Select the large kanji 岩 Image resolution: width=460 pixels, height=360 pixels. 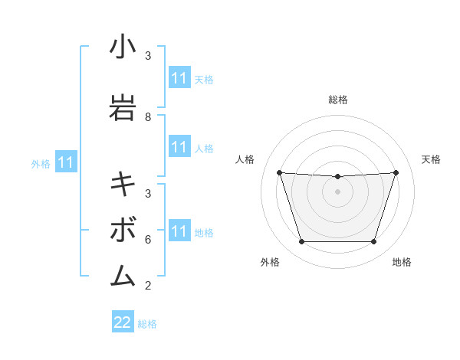(123, 107)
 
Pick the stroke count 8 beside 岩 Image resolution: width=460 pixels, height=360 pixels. (148, 117)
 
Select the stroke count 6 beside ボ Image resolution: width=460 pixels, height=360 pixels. (148, 239)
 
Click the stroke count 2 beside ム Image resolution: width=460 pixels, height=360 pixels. (148, 286)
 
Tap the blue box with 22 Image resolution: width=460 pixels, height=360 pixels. (123, 322)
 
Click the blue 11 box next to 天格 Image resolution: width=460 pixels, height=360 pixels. (179, 78)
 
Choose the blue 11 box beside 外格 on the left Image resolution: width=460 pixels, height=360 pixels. (66, 162)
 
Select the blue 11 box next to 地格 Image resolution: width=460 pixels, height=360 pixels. (179, 231)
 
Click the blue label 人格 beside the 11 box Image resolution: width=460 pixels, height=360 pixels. (204, 148)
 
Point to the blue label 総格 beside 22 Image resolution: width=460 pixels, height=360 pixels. (147, 324)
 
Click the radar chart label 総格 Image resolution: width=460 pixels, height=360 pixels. (338, 100)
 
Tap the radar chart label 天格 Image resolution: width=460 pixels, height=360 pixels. (432, 159)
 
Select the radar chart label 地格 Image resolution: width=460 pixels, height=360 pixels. (402, 262)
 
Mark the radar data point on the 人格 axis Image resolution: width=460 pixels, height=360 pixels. (279, 172)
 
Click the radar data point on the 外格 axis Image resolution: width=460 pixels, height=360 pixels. (301, 242)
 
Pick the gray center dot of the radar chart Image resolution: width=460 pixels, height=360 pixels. (338, 191)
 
